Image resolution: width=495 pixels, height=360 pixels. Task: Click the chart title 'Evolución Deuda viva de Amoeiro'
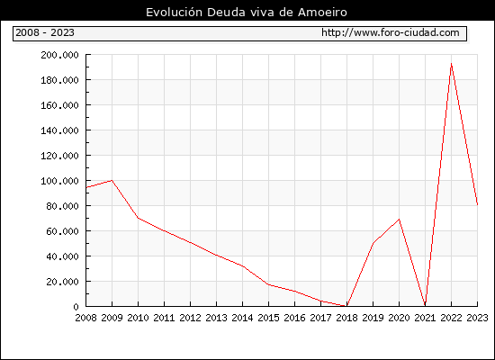point(247,13)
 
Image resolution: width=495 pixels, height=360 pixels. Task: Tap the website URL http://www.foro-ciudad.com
point(391,32)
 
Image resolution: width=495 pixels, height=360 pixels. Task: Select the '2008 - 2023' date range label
point(45,32)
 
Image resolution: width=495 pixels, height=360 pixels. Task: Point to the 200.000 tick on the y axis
point(59,55)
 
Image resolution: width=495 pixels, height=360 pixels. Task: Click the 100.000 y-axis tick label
point(59,181)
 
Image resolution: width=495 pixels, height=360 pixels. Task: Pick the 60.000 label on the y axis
point(62,231)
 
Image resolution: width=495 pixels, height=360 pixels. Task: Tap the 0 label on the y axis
point(76,307)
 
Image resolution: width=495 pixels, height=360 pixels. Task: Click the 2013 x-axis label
point(216,318)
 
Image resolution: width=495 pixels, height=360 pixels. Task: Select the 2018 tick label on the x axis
point(346,318)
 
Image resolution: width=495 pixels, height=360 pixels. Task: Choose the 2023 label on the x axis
point(477,318)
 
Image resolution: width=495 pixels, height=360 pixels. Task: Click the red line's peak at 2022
point(452,64)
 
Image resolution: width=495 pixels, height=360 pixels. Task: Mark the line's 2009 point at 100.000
point(112,180)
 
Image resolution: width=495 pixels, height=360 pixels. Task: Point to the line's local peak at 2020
point(399,220)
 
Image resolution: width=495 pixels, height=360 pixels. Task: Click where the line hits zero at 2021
point(425,305)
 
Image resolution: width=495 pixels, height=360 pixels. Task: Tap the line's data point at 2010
point(138,218)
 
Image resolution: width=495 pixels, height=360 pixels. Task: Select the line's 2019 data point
point(373,243)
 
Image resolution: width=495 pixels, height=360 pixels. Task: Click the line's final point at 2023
point(477,204)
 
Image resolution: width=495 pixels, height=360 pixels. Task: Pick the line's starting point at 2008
point(86,187)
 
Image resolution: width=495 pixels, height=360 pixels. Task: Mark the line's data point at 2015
point(269,284)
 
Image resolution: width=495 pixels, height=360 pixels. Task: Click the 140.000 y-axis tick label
point(59,130)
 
